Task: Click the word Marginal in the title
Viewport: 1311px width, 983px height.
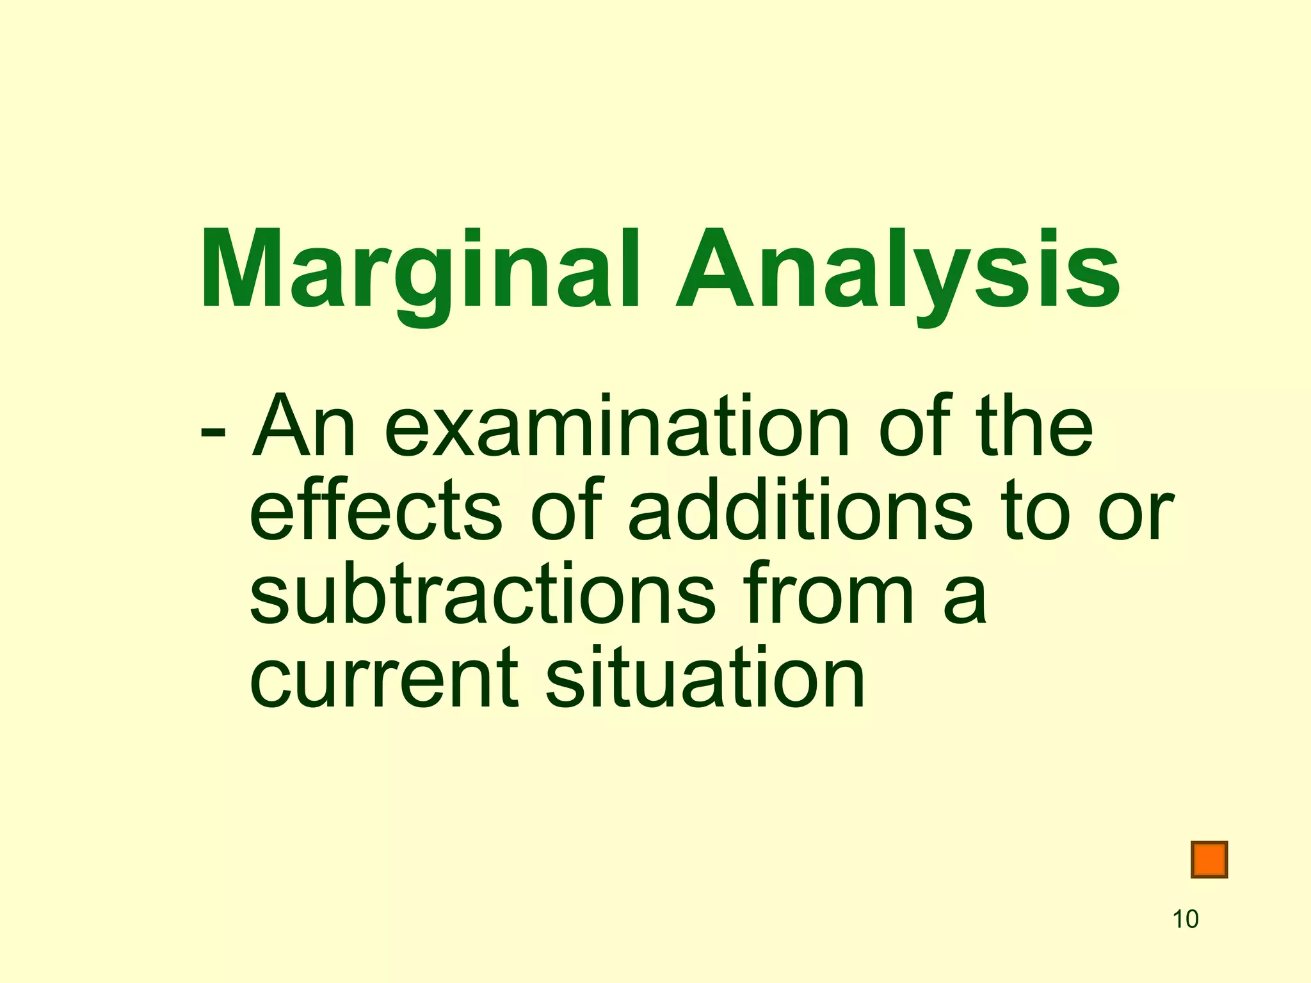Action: (419, 272)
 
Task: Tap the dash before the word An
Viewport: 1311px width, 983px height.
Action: (212, 433)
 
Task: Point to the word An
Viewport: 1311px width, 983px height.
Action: (303, 427)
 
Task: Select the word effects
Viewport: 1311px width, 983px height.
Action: (375, 510)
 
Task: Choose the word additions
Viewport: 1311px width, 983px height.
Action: (800, 510)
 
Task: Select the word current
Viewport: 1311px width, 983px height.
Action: (383, 678)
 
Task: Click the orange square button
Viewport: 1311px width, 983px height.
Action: (1209, 859)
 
